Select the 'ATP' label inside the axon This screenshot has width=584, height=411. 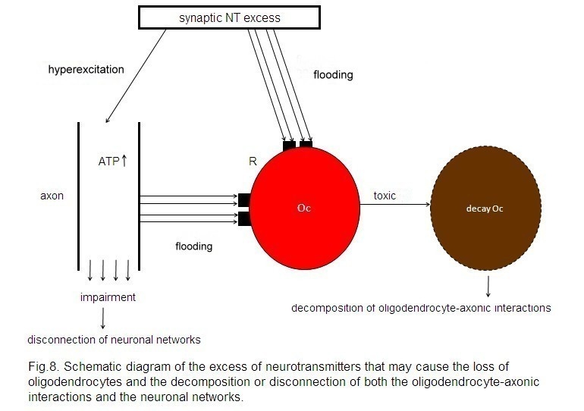pyautogui.click(x=108, y=161)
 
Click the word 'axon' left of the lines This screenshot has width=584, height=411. pyautogui.click(x=52, y=196)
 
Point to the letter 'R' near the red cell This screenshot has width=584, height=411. pyautogui.click(x=253, y=162)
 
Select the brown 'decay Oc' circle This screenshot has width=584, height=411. pyautogui.click(x=485, y=209)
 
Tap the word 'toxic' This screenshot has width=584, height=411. pyautogui.click(x=385, y=196)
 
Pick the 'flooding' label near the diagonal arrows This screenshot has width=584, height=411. pyautogui.click(x=333, y=75)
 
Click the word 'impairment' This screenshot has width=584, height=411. pyautogui.click(x=108, y=297)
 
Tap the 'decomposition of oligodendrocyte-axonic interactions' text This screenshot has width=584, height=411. pyautogui.click(x=421, y=308)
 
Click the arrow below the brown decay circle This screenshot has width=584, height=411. pyautogui.click(x=488, y=286)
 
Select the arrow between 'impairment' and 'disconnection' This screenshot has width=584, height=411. pyautogui.click(x=103, y=317)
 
